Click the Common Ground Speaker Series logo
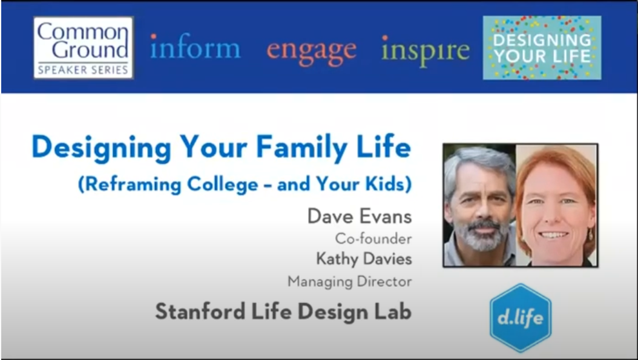84,47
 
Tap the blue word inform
195,49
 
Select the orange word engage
311,50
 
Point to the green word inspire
425,50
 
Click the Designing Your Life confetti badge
542,48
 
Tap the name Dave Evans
359,216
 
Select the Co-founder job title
373,238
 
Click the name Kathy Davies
363,259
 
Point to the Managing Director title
349,281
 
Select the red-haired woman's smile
554,235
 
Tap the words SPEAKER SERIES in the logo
84,70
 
